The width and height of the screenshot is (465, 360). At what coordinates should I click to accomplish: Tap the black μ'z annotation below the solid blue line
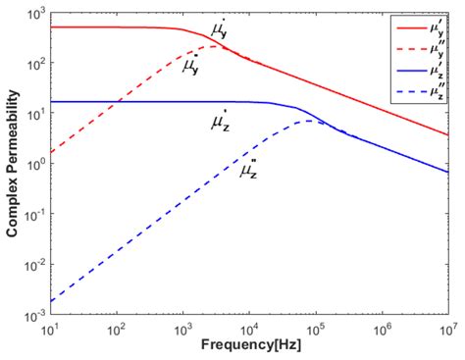pos(221,122)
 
